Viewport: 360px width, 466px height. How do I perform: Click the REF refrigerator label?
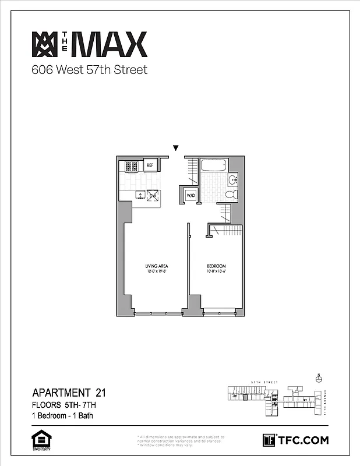[x=150, y=165]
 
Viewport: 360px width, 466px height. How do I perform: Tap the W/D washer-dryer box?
[x=190, y=195]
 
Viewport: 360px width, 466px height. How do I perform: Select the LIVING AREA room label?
[x=157, y=266]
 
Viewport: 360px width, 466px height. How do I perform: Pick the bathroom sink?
[x=232, y=179]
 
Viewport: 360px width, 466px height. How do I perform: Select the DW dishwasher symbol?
[x=153, y=196]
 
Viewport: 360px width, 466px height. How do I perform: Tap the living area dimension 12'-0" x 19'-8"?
[x=157, y=271]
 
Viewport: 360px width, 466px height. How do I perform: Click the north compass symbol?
[x=318, y=379]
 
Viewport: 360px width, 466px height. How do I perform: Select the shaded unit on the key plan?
[x=245, y=398]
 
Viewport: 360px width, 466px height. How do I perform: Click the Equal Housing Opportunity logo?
[x=40, y=440]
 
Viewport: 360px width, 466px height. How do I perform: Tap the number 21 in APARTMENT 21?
[x=96, y=392]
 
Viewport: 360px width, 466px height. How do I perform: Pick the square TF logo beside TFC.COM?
[x=269, y=440]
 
